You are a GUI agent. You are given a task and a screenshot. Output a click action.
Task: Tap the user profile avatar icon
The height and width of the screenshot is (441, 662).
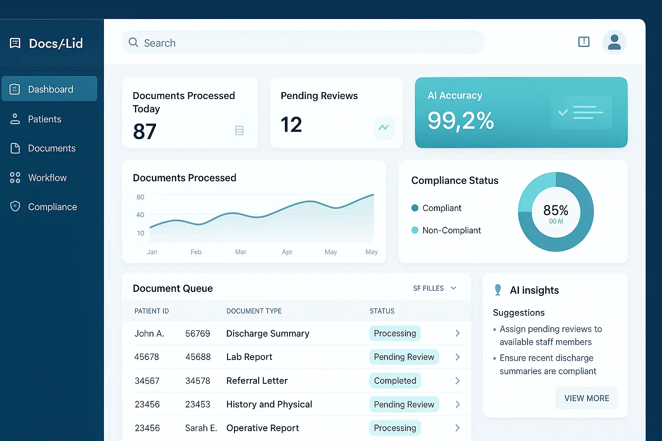614,42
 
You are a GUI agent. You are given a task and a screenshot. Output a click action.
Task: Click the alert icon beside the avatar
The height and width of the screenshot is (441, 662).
584,42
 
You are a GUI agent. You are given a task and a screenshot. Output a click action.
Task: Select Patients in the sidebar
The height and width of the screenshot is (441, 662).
44,119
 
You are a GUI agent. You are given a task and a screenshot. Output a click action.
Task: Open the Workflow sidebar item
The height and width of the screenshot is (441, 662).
47,178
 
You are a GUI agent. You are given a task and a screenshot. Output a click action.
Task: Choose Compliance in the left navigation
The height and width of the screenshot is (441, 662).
52,207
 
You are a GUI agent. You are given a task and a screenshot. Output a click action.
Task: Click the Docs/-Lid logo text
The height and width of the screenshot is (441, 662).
56,43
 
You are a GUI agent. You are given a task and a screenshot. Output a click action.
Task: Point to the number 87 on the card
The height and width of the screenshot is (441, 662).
145,131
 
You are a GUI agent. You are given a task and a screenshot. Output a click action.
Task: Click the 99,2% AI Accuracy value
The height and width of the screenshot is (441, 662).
460,121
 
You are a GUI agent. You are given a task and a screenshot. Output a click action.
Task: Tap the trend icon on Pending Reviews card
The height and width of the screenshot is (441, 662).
383,127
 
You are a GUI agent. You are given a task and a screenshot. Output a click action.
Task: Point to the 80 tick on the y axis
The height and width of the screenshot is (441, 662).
140,197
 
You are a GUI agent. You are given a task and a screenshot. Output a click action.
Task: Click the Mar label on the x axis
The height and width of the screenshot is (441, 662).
240,252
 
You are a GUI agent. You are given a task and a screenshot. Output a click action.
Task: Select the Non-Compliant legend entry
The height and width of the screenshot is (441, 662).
451,230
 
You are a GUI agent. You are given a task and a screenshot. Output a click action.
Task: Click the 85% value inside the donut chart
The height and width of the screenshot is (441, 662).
556,211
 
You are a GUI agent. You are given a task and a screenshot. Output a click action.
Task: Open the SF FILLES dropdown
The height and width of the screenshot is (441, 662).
434,289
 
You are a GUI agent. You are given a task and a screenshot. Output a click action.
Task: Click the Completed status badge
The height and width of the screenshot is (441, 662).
395,381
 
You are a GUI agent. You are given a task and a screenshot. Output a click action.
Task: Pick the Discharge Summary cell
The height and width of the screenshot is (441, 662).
268,334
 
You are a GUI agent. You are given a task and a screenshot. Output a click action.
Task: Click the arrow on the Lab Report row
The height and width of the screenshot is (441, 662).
457,357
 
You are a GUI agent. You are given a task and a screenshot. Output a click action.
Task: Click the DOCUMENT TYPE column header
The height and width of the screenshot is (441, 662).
254,311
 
